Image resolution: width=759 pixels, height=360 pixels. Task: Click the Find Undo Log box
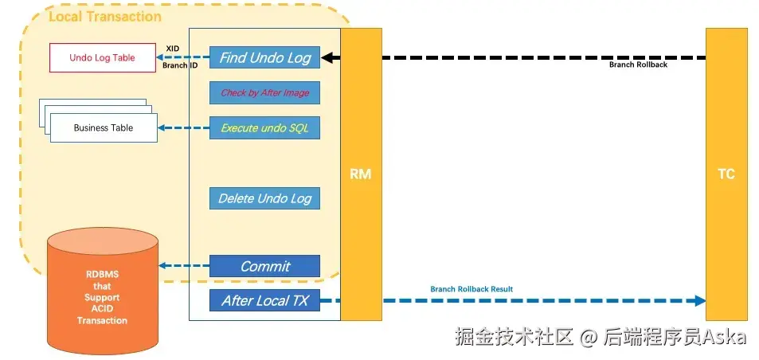click(x=264, y=57)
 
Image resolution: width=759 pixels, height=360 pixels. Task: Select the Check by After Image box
click(x=264, y=92)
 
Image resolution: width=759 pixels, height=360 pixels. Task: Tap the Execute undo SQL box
click(x=264, y=127)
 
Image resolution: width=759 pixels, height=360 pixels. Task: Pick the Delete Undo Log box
click(x=264, y=198)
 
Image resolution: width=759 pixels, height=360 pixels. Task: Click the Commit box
click(x=264, y=266)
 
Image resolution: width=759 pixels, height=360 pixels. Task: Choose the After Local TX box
click(x=264, y=300)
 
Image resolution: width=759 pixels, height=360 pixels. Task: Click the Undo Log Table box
click(x=103, y=57)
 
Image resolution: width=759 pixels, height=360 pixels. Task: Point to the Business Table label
click(x=103, y=127)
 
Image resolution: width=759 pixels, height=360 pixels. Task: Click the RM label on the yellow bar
click(x=361, y=174)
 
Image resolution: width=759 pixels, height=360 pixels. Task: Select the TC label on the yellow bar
click(x=726, y=174)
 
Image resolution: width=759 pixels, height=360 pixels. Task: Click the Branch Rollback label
click(x=638, y=65)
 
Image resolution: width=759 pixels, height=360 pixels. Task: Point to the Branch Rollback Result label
click(x=471, y=289)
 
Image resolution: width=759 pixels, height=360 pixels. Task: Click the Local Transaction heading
click(x=105, y=17)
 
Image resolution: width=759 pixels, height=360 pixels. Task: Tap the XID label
click(x=173, y=49)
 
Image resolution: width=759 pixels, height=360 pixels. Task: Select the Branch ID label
click(x=179, y=65)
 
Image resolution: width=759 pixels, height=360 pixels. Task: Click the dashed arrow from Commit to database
click(x=184, y=266)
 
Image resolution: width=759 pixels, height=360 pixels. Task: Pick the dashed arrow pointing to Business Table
click(x=183, y=127)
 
